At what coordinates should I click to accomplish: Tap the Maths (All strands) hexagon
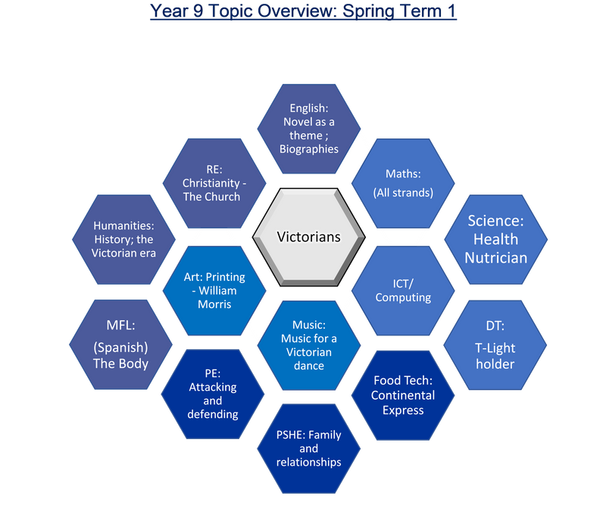(403, 183)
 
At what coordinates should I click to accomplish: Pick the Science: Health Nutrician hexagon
(495, 239)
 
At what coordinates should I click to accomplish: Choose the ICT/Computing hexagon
(403, 290)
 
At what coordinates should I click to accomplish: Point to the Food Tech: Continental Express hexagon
(403, 395)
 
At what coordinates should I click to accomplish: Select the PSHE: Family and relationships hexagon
(308, 448)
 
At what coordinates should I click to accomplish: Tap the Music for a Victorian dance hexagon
(308, 345)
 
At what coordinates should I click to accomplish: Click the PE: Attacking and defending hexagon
(213, 395)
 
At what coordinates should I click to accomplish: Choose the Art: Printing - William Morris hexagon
(213, 290)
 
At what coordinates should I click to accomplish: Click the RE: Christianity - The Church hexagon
(211, 183)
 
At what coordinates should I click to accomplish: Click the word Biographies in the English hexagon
(308, 148)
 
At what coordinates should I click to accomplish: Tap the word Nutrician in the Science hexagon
(495, 257)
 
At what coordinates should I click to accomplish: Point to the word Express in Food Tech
(403, 410)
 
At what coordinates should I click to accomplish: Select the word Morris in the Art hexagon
(213, 304)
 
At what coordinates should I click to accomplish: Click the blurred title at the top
(303, 11)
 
